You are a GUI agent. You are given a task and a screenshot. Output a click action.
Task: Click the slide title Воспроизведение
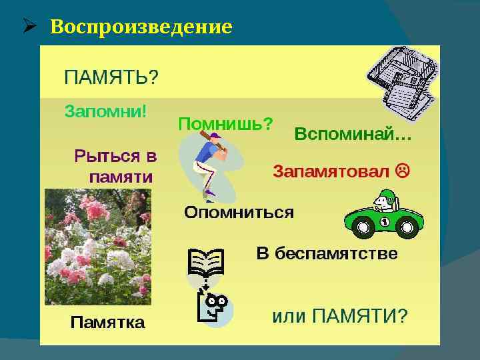(x=141, y=27)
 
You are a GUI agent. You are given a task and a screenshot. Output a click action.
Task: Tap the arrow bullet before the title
(x=28, y=27)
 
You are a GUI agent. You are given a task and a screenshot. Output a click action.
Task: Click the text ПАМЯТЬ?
(x=111, y=77)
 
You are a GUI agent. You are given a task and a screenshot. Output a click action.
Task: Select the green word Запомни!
(x=106, y=110)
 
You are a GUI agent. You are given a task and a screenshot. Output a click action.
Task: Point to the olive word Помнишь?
(x=225, y=123)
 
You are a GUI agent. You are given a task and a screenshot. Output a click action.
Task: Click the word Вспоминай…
(x=353, y=135)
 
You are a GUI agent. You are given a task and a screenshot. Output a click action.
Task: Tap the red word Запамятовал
(x=331, y=171)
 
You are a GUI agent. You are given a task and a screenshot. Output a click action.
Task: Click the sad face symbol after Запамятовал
(x=403, y=171)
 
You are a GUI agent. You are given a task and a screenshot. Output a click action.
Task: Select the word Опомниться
(x=239, y=213)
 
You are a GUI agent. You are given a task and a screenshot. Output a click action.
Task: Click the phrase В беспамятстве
(x=327, y=254)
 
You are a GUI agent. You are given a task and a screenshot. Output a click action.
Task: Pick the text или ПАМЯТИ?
(x=339, y=315)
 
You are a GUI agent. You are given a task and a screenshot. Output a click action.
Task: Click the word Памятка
(x=107, y=323)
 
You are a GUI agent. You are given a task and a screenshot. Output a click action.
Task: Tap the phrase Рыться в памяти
(x=116, y=167)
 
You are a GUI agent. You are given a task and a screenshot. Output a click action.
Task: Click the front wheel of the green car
(x=363, y=229)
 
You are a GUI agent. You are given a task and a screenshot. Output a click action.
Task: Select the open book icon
(x=205, y=263)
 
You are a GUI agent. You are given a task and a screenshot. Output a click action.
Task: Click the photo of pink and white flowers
(x=98, y=245)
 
